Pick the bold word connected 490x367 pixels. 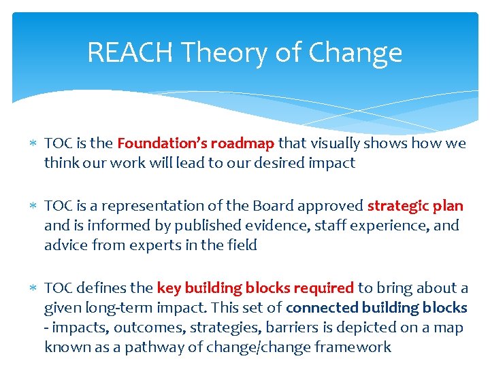click(321, 308)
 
